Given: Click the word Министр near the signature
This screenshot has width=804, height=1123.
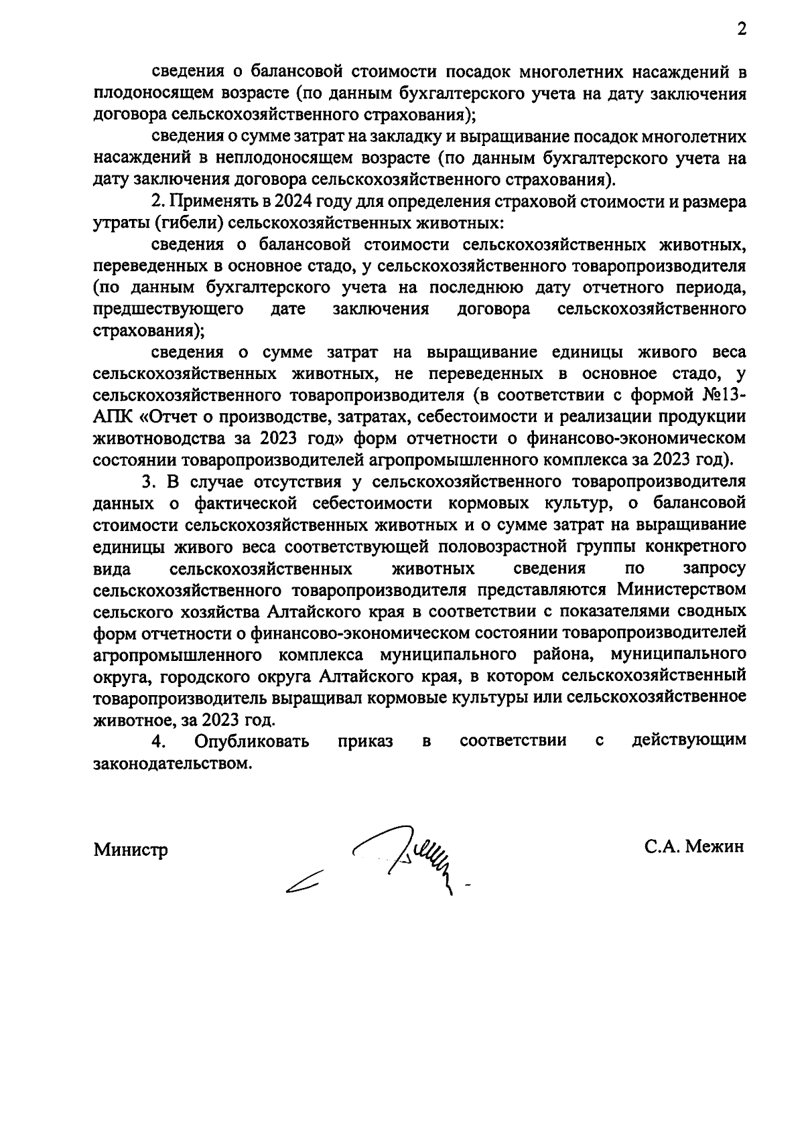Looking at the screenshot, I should (131, 850).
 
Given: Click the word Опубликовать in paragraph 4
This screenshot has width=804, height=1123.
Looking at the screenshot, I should (251, 741).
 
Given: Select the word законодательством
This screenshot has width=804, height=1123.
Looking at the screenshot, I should (174, 763).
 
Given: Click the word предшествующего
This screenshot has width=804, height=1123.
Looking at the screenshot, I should (167, 309).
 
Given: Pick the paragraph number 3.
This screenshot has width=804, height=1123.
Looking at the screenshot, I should (147, 481).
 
